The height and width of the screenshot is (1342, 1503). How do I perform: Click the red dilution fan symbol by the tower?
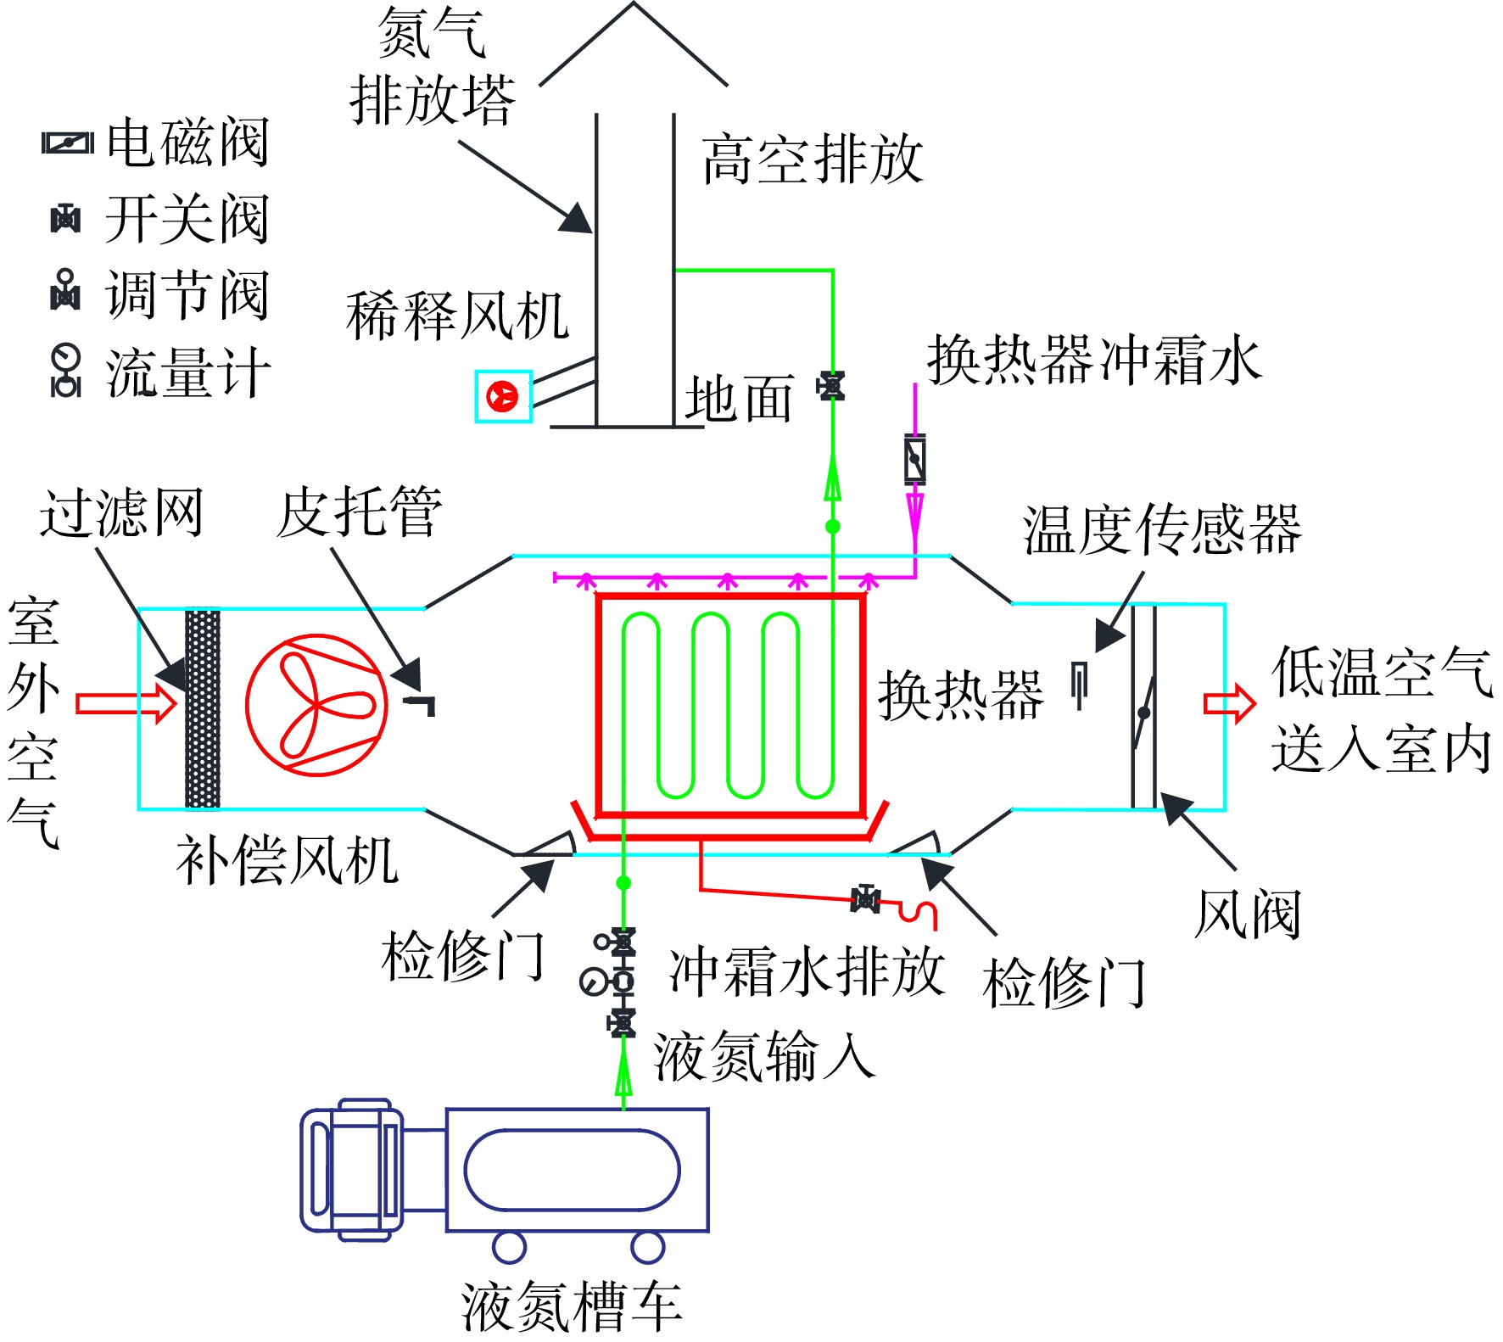coord(502,396)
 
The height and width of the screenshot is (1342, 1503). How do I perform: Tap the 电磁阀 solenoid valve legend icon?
coord(68,143)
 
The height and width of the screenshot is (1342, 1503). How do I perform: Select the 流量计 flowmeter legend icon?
coord(65,371)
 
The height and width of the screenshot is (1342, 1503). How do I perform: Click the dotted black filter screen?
coord(203,709)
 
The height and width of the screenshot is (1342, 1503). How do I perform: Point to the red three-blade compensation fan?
coord(317,705)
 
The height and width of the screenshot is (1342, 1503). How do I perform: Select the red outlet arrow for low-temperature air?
coord(1229,703)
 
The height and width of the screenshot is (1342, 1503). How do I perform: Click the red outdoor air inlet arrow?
coord(126,703)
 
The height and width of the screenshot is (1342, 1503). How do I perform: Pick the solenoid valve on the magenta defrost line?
coord(914,460)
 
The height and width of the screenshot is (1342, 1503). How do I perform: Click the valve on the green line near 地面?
coord(831,387)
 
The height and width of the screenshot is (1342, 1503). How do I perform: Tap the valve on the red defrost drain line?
coord(865,898)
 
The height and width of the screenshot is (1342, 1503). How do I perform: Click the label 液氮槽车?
coord(572,1306)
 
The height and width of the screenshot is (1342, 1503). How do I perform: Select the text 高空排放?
coord(812,159)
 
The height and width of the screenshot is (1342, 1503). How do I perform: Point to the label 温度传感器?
coord(1162,529)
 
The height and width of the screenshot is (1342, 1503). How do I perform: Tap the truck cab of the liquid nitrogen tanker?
coord(352,1170)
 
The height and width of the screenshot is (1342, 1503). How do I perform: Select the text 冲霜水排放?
coord(807,971)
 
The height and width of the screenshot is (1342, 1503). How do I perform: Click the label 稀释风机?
coord(457,316)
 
